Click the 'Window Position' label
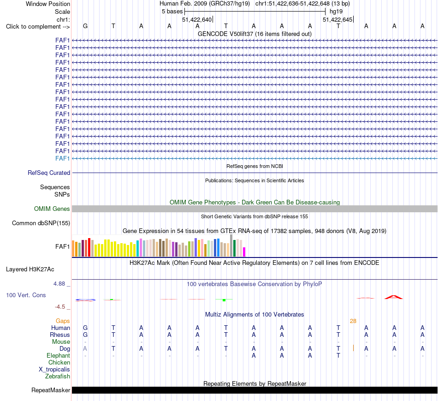coord(48,4)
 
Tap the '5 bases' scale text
coord(172,12)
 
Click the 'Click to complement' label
coord(38,27)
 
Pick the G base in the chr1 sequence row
coord(85,26)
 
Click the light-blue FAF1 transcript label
coord(62,159)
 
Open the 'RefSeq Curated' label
coord(49,173)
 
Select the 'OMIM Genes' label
coord(52,209)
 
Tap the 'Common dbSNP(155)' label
coord(41,223)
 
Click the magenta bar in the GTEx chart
coord(244,252)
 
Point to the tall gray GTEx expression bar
coord(231,245)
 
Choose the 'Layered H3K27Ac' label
coord(30,269)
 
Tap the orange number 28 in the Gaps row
coord(353,321)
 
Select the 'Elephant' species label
coord(59,356)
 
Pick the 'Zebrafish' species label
coord(58,377)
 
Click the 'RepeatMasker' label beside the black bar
coord(51,390)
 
